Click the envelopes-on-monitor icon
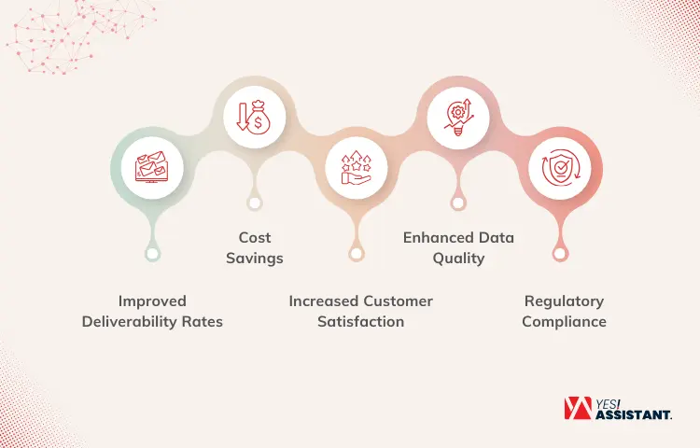pyautogui.click(x=152, y=167)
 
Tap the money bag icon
pyautogui.click(x=254, y=118)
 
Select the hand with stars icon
pyautogui.click(x=356, y=167)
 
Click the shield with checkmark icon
pyautogui.click(x=560, y=167)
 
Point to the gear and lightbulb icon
pyautogui.click(x=458, y=117)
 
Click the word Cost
pyautogui.click(x=255, y=237)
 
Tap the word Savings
pyautogui.click(x=255, y=259)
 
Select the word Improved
pyautogui.click(x=152, y=301)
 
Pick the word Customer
pyautogui.click(x=398, y=301)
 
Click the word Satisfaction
pyautogui.click(x=360, y=322)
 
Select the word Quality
pyautogui.click(x=458, y=259)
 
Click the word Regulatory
pyautogui.click(x=564, y=301)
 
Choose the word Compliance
pyautogui.click(x=564, y=322)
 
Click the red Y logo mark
pyautogui.click(x=578, y=408)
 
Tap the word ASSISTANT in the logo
pyautogui.click(x=634, y=415)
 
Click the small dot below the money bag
pyautogui.click(x=255, y=203)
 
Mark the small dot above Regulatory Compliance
pyautogui.click(x=559, y=255)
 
